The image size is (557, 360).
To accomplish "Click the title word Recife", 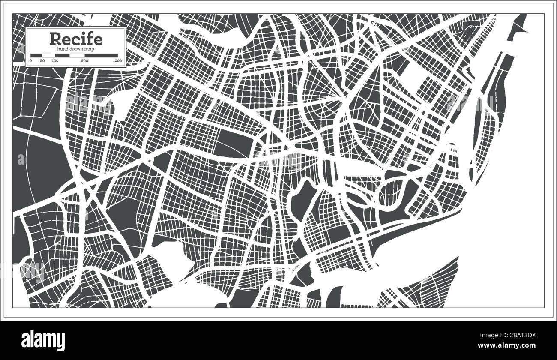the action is click(x=76, y=39).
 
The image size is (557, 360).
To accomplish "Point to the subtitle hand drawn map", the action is click(x=76, y=49).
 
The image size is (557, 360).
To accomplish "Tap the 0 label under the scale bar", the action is click(x=31, y=61).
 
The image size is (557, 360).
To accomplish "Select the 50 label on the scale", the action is click(x=42, y=61).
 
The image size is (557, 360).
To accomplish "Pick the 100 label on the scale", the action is click(x=55, y=61).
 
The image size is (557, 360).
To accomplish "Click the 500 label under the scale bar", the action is click(x=84, y=61).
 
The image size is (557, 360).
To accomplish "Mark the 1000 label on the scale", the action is click(x=117, y=61).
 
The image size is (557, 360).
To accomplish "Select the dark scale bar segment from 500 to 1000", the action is click(x=101, y=55).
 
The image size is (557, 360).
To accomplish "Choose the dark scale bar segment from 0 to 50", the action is click(x=36, y=55).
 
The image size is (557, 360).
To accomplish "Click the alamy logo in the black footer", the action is click(x=43, y=340).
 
